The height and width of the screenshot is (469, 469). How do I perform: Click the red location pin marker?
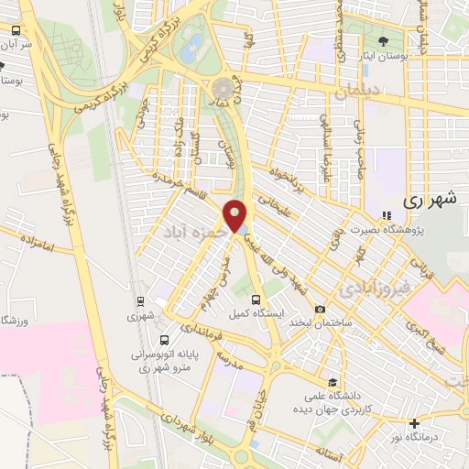tap(237, 214)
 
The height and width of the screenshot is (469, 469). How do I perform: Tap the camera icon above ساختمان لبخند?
tap(320, 310)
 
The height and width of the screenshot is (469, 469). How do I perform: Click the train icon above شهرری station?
tap(140, 300)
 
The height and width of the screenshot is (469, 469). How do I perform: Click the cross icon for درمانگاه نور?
tap(415, 423)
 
